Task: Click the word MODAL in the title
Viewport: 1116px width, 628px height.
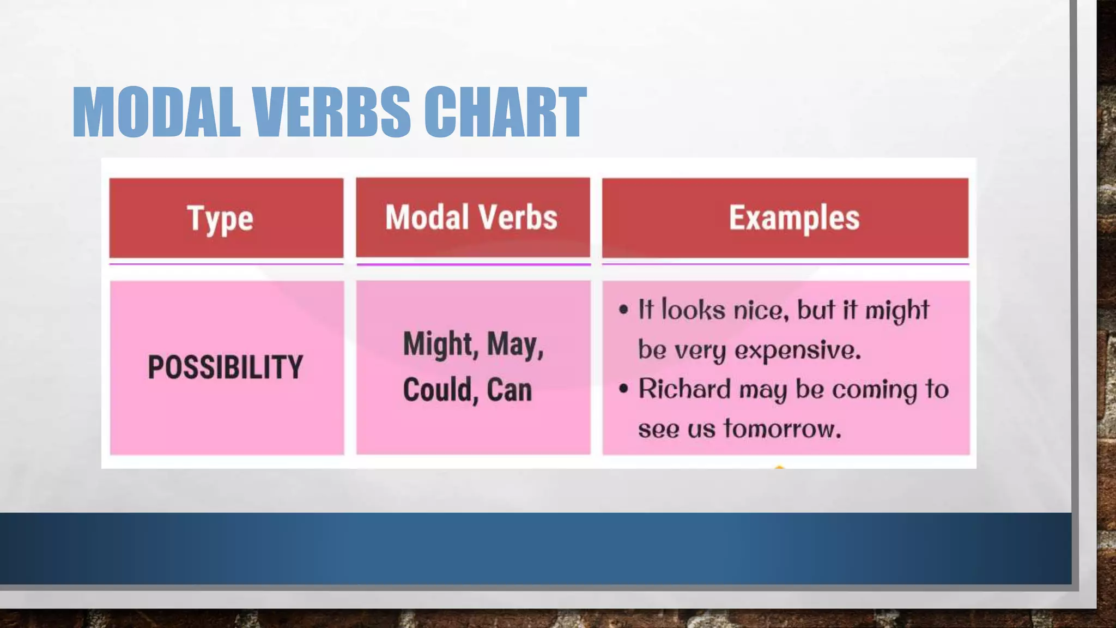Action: pos(156,112)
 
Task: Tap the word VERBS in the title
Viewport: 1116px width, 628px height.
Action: pos(331,112)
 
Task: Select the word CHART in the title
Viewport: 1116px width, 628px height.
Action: pos(505,112)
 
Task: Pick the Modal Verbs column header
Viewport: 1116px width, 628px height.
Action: pos(472,218)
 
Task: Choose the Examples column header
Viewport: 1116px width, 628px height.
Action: pos(794,218)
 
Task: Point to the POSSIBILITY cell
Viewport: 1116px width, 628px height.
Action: pos(226,367)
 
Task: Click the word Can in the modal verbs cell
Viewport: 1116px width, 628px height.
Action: pos(509,390)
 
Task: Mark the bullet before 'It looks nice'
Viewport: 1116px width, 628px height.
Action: pos(624,310)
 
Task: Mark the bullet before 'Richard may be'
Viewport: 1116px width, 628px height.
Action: pos(624,389)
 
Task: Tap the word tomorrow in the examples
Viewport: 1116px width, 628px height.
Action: pos(783,428)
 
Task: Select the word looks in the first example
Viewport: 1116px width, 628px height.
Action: pos(694,310)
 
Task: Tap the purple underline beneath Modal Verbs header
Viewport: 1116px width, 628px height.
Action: pos(473,264)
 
